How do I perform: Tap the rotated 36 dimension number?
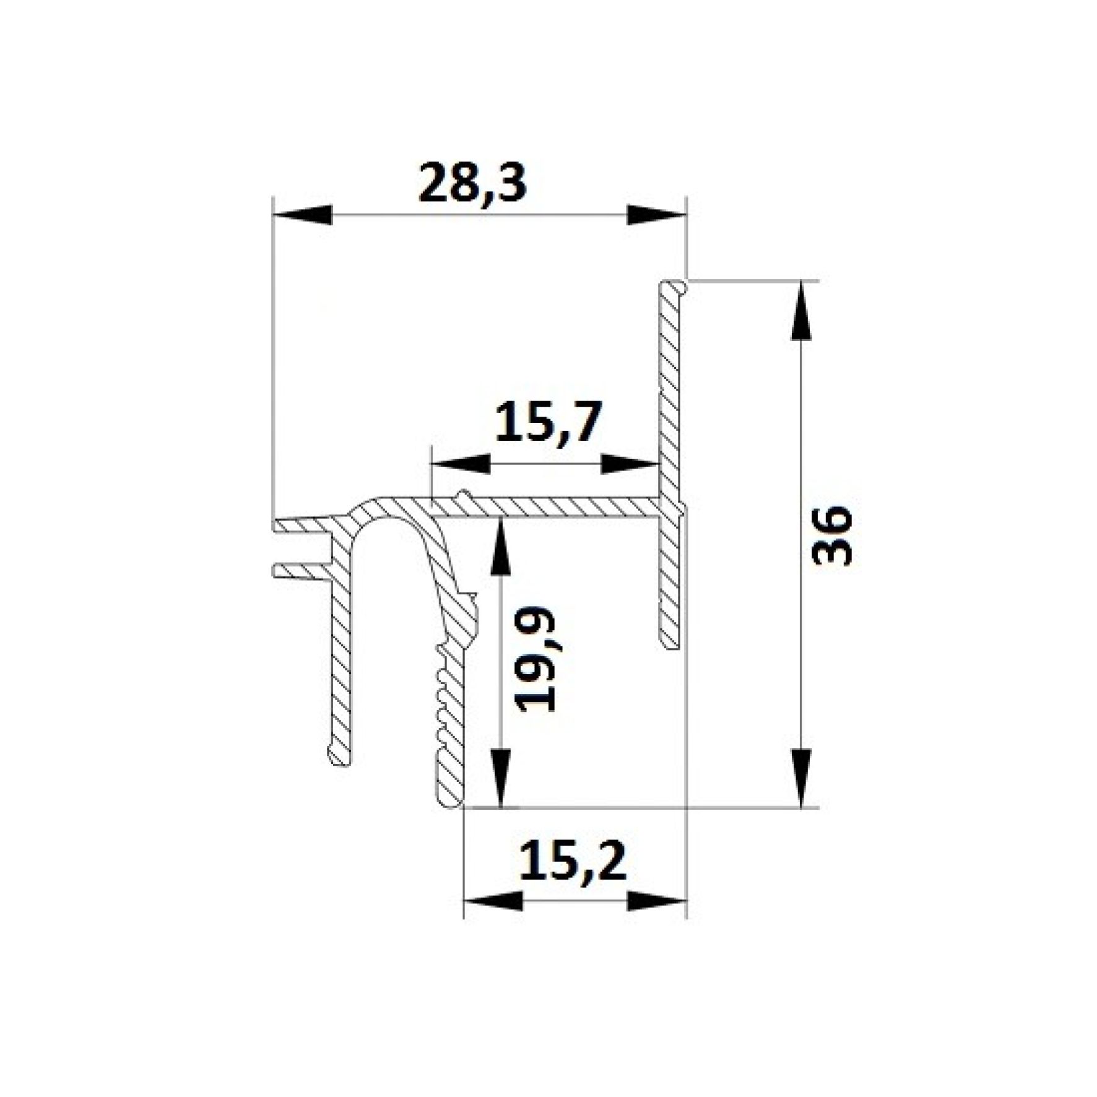point(833,535)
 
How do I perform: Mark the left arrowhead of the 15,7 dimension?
point(459,464)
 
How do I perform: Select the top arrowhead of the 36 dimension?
point(801,310)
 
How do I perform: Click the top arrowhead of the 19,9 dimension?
point(501,547)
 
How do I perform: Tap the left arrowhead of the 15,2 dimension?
point(492,901)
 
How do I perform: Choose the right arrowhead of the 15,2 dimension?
point(657,901)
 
